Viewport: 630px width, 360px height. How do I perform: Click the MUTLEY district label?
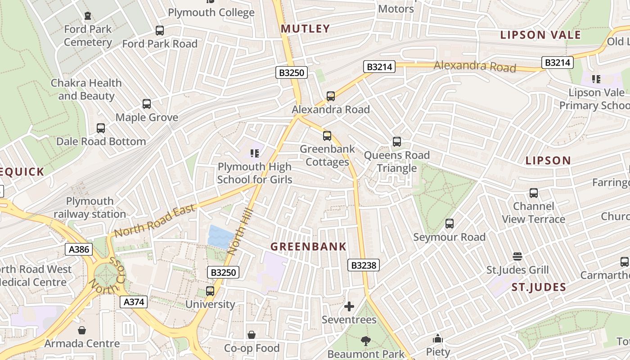(x=306, y=29)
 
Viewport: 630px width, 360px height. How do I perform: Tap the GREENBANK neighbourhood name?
(x=308, y=247)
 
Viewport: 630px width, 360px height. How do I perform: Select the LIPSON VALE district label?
(x=540, y=35)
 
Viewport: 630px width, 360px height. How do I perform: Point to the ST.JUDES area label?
(x=539, y=287)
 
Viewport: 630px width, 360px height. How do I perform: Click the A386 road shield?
(x=79, y=249)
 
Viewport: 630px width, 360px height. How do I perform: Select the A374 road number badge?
(x=134, y=302)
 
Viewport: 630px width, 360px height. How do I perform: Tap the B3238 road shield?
(x=364, y=265)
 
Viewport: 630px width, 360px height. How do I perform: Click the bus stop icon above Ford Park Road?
(x=160, y=31)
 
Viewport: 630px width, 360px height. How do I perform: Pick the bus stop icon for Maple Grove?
(x=147, y=104)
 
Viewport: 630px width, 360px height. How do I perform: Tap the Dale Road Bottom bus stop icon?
(x=101, y=128)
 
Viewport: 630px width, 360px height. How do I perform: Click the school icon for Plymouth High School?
(x=255, y=153)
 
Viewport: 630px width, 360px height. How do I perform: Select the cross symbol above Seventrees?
(x=349, y=307)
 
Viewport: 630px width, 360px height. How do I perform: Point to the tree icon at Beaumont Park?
(x=366, y=341)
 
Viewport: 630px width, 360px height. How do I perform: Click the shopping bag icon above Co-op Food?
(x=252, y=335)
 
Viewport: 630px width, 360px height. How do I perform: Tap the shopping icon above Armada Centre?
(x=82, y=331)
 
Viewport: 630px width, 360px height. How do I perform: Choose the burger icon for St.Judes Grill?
(x=517, y=256)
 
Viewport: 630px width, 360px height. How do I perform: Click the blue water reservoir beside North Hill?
(x=220, y=237)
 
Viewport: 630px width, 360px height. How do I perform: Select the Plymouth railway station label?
(x=90, y=207)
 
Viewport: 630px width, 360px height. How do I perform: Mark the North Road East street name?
(x=155, y=220)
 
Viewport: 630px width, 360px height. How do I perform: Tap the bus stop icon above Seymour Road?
(x=449, y=224)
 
